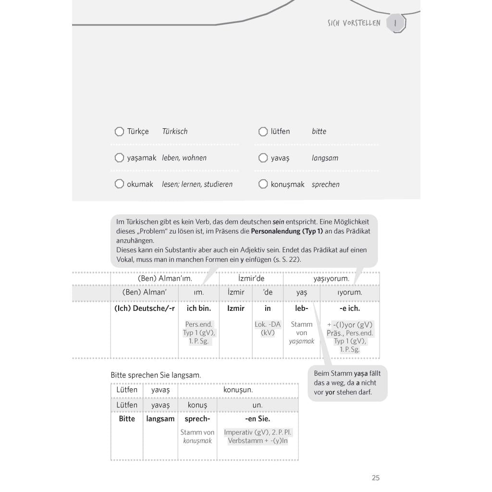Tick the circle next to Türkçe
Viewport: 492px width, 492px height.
coord(119,131)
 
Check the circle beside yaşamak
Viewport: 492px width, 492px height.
coord(119,158)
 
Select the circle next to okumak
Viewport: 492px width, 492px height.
coord(119,184)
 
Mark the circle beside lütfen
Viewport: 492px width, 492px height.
coord(263,131)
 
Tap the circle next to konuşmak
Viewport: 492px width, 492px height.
coord(263,184)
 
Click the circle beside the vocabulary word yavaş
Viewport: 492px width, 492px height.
coord(263,158)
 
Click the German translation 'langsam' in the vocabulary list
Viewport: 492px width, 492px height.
coord(325,158)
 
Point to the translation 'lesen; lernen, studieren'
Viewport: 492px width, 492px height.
coord(197,184)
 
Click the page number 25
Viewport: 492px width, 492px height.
coord(376,478)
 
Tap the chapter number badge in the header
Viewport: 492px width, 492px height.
coord(396,23)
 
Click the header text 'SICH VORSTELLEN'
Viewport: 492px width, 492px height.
coord(354,23)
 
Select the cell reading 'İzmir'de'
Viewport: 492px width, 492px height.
coord(251,278)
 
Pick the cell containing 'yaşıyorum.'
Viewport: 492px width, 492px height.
coord(331,278)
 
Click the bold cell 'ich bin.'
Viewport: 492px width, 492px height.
coord(198,308)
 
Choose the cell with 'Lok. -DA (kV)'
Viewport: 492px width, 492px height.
coord(268,329)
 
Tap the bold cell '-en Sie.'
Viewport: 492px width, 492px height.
coord(258,419)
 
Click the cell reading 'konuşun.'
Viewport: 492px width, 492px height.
coord(238,390)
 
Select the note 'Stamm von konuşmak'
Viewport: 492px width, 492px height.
coord(197,436)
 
